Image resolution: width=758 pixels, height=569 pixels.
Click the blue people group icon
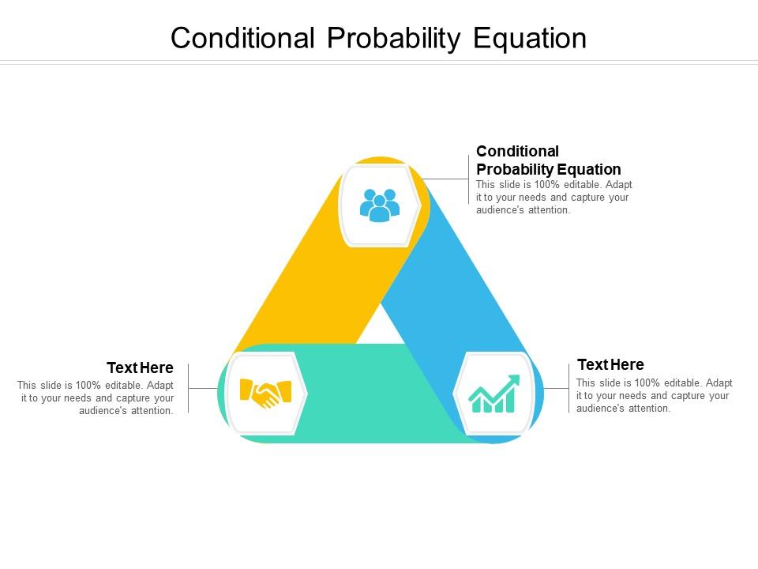coord(380,205)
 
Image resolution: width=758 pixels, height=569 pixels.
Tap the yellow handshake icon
coord(265,393)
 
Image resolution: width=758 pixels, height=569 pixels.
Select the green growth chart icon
coord(494,394)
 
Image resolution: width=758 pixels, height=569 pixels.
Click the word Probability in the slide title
coord(393,39)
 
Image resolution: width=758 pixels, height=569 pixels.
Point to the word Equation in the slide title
coord(530,39)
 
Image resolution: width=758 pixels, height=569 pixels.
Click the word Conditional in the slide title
coord(242,38)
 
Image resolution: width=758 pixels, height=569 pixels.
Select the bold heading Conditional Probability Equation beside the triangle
coord(549,160)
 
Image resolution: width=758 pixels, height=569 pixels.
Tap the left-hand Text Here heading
coord(141,367)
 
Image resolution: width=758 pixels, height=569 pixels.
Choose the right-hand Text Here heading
coord(610,364)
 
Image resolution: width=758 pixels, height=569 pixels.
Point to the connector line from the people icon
coord(445,179)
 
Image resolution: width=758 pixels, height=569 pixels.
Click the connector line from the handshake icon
coord(203,388)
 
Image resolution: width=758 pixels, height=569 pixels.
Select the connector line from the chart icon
coord(557,388)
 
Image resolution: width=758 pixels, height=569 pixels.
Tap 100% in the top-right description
coord(546,185)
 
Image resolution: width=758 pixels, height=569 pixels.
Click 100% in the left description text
coord(88,386)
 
